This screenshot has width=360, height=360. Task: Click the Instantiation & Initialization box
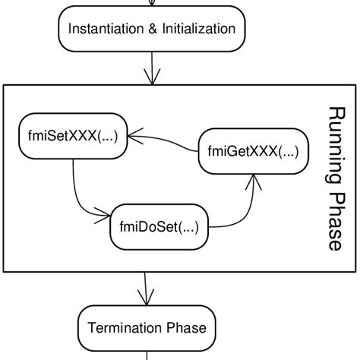tap(153, 30)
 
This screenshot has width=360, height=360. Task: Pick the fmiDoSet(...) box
tap(159, 226)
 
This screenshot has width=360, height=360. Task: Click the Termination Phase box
tap(147, 328)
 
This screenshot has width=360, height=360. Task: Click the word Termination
tap(125, 328)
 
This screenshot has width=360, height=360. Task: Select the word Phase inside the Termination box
tap(186, 328)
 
